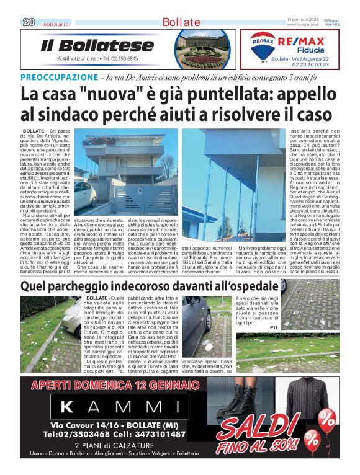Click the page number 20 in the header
[x=28, y=22]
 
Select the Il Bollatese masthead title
[x=97, y=45]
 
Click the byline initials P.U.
[x=275, y=326]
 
